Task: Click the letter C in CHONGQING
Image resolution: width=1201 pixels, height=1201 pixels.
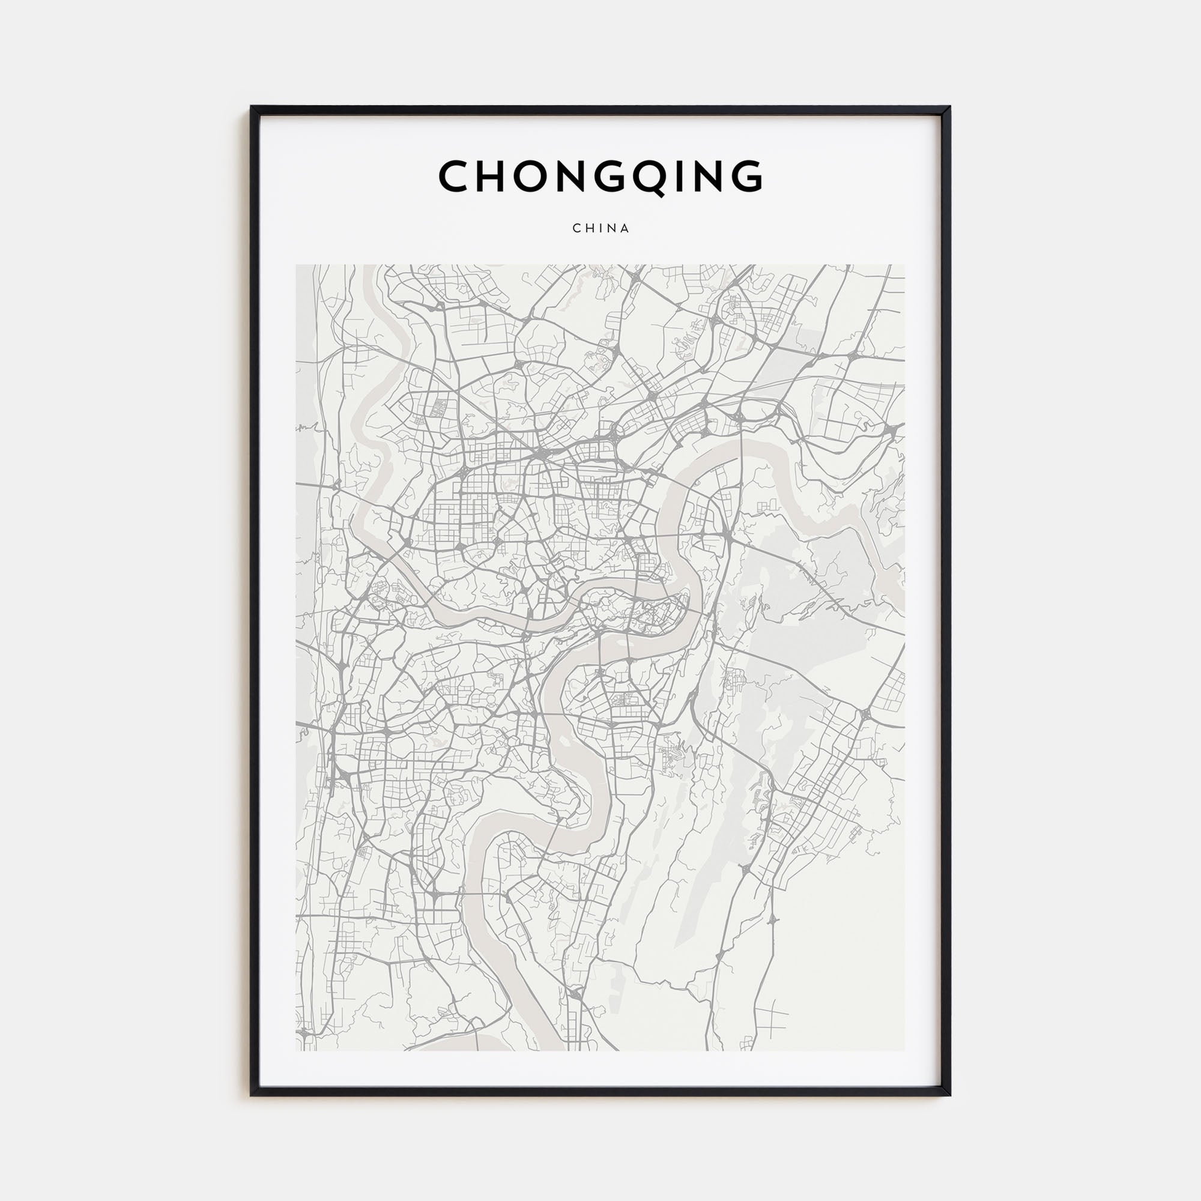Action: pyautogui.click(x=457, y=177)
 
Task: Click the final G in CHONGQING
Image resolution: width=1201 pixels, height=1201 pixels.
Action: pyautogui.click(x=743, y=177)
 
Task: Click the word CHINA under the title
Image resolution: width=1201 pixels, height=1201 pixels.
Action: pyautogui.click(x=600, y=228)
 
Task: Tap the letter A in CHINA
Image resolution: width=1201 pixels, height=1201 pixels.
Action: pyautogui.click(x=625, y=228)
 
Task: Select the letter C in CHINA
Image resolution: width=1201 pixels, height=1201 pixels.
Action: pyautogui.click(x=576, y=228)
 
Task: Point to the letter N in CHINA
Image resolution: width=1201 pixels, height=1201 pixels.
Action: pyautogui.click(x=613, y=228)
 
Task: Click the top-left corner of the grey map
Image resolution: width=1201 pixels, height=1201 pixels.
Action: pyautogui.click(x=296, y=265)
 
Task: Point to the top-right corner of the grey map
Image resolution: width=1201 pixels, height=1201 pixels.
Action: pyautogui.click(x=905, y=265)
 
